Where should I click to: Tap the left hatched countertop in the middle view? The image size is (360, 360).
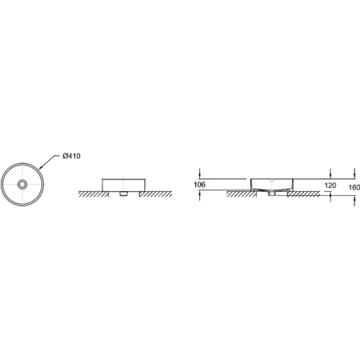(90, 194)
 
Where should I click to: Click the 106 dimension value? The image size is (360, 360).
(200, 186)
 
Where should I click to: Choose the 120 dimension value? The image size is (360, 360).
(330, 186)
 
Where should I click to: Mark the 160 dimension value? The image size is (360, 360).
(354, 187)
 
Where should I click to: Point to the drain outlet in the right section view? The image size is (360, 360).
(272, 194)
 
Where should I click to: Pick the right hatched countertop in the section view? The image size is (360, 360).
(309, 194)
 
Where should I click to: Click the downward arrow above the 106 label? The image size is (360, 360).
(200, 175)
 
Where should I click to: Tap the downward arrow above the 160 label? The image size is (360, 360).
(354, 175)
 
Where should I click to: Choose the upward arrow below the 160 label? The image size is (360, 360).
(354, 201)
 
